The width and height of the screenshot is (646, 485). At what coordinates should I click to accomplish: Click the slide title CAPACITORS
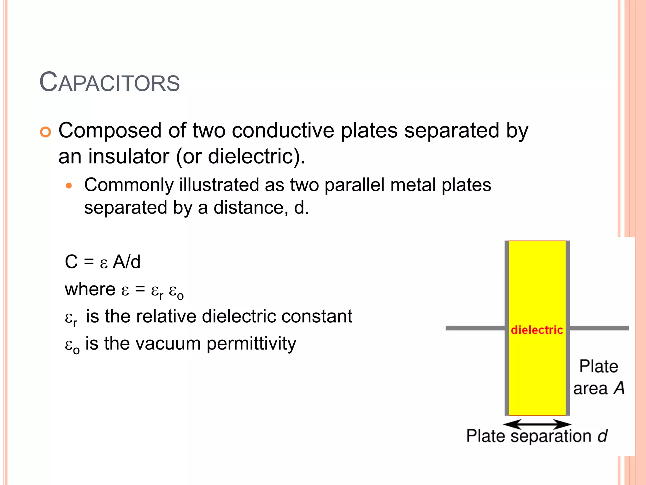tap(109, 83)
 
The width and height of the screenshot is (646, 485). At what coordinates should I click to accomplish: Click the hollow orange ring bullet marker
tap(45, 132)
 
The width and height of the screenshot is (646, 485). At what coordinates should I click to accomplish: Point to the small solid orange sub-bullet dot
tap(69, 186)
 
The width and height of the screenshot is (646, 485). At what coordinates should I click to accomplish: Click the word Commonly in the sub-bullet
tap(129, 185)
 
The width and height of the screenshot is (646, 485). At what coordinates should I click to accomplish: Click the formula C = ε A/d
tap(103, 262)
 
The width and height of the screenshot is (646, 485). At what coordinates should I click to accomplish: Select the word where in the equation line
tap(90, 289)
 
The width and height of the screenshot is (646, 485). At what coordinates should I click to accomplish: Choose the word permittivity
tap(251, 344)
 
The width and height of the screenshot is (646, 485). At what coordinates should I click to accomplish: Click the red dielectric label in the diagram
tap(537, 330)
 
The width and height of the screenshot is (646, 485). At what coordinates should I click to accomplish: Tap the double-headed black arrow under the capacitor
tap(537, 424)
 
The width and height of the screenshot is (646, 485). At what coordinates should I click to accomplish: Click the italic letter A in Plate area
tap(620, 388)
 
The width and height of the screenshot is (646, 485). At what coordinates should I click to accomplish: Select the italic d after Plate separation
tap(602, 436)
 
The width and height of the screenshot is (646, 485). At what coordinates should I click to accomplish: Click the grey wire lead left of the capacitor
tap(475, 328)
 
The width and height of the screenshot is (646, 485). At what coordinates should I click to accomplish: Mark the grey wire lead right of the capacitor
tap(599, 328)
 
